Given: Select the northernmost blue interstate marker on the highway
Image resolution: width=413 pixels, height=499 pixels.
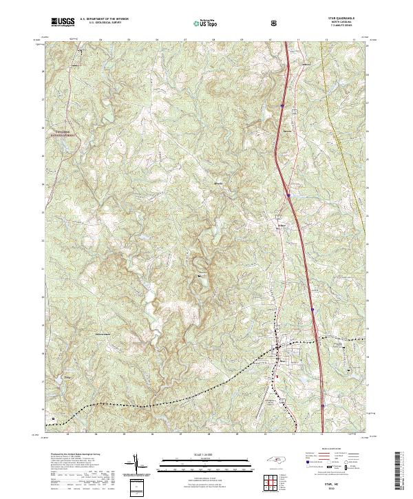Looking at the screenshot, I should (282, 105).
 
